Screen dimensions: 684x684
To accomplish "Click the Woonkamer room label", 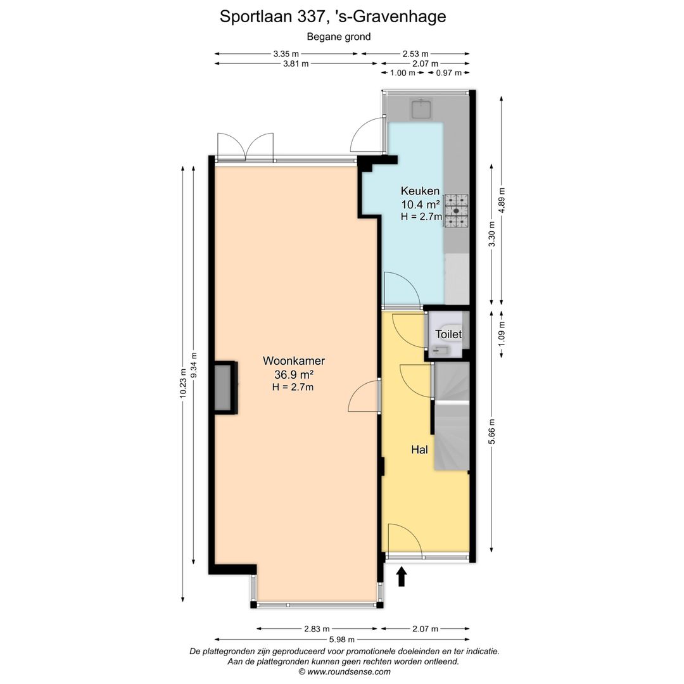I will point(294,361).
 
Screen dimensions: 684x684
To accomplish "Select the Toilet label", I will point(448,334).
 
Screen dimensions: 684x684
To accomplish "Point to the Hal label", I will point(419,450).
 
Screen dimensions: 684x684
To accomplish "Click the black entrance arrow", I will point(401,576).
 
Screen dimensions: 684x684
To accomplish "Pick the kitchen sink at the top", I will point(421,109).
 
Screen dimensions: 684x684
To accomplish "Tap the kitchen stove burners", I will point(456,211).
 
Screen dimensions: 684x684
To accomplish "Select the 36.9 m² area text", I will point(293,374).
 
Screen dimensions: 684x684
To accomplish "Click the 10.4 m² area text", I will point(421,204).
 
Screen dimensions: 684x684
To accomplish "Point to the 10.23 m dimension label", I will point(183,383).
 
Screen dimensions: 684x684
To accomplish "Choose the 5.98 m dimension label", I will point(341,639).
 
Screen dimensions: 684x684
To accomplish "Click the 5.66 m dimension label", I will point(492,432).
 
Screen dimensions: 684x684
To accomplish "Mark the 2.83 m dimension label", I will point(317,629).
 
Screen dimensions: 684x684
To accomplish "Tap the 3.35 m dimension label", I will point(286,54).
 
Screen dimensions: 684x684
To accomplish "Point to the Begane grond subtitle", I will point(339,37).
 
